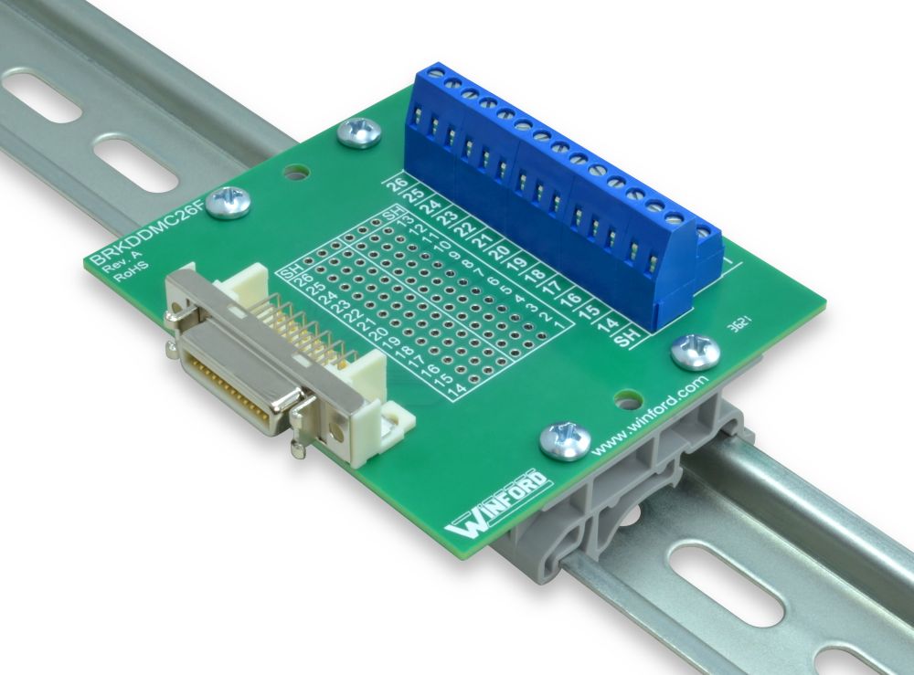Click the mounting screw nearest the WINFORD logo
(x=562, y=439)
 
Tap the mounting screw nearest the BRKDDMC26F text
(x=228, y=203)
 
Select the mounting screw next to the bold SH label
(x=696, y=350)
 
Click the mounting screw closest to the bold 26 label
(x=359, y=132)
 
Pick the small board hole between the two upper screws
(x=293, y=171)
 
